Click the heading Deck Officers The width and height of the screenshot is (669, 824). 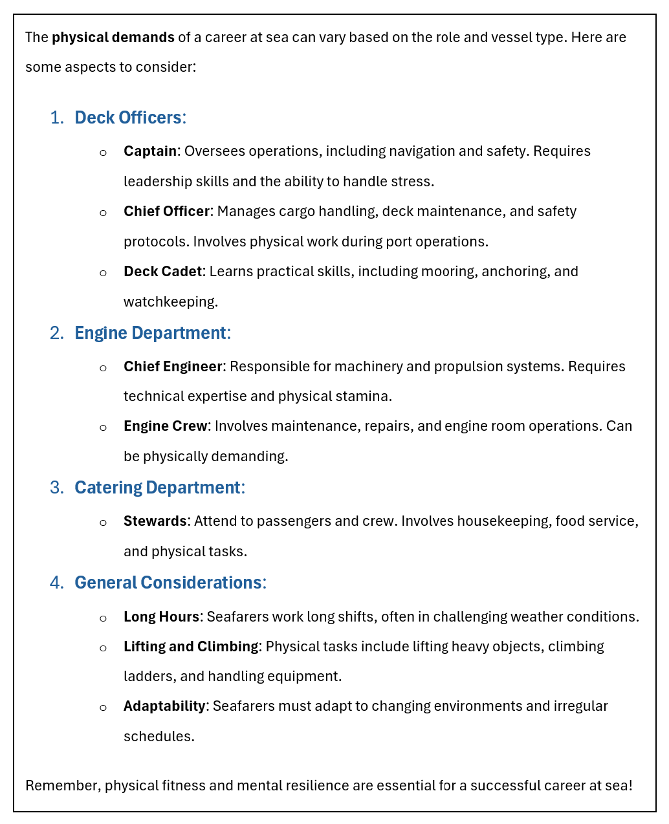(x=128, y=118)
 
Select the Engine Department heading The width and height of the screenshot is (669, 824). (x=150, y=333)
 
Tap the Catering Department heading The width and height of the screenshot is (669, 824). (x=157, y=488)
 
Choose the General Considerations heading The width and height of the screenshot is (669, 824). (x=168, y=583)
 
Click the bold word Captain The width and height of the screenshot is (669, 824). (x=150, y=151)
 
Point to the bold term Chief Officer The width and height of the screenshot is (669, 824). (x=166, y=211)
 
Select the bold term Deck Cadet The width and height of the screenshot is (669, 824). (x=162, y=272)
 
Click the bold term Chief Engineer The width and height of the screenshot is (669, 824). (x=173, y=367)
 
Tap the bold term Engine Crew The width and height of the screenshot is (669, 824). (x=165, y=426)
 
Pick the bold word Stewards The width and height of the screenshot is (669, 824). (x=155, y=521)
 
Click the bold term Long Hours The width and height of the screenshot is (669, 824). (x=161, y=617)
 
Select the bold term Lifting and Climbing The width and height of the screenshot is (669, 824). (x=191, y=647)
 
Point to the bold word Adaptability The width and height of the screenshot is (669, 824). (x=164, y=706)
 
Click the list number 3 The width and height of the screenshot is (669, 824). (x=56, y=488)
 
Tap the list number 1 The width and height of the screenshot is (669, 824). (x=56, y=118)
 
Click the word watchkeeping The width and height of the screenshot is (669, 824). (x=170, y=302)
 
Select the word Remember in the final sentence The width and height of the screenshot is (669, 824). (x=62, y=786)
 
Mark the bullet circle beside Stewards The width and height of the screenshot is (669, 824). (x=103, y=523)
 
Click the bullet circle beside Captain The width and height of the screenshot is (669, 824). (x=103, y=153)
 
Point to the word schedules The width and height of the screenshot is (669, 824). (x=158, y=737)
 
